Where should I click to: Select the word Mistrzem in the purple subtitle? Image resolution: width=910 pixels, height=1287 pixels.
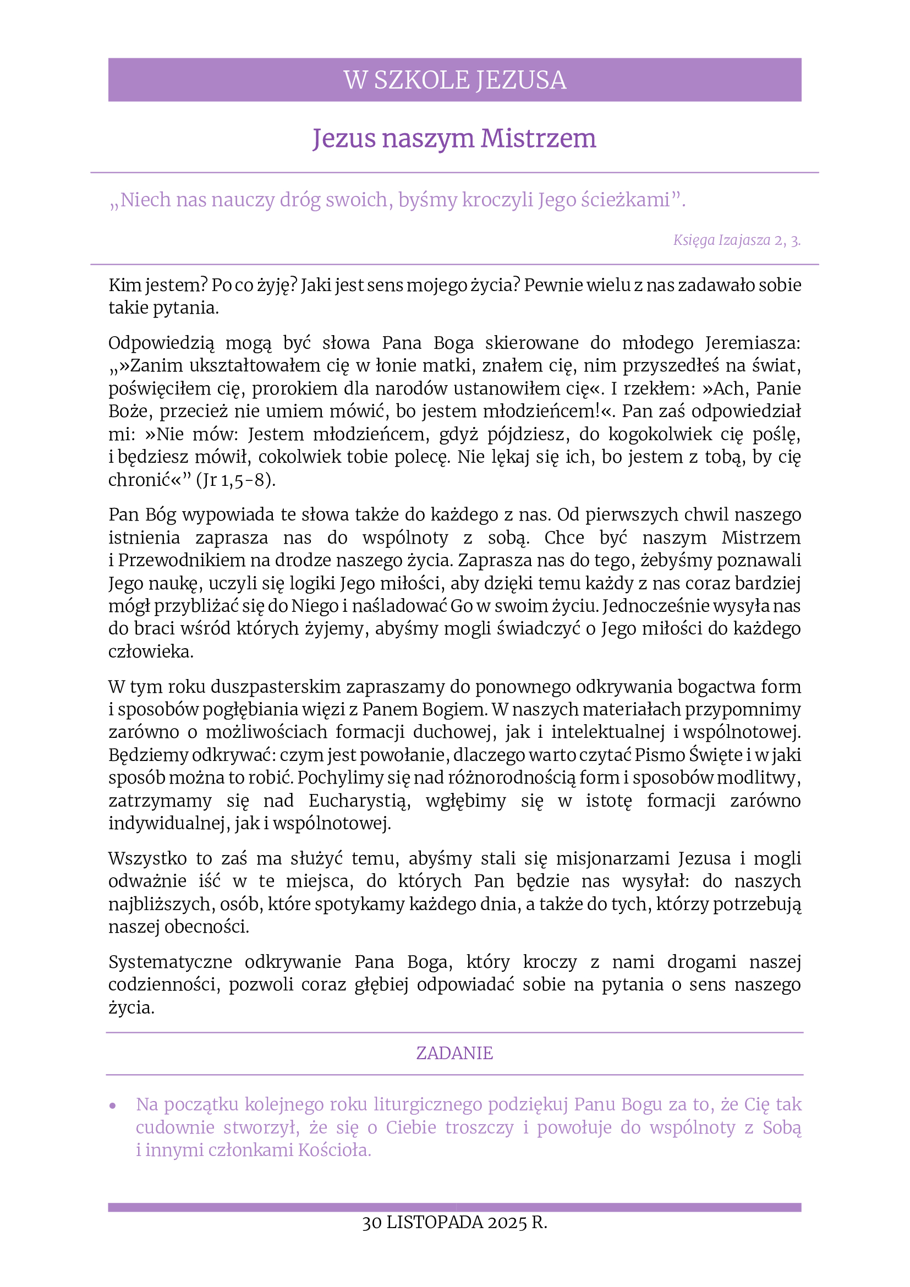pyautogui.click(x=538, y=139)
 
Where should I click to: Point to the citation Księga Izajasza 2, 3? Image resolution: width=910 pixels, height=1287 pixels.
pyautogui.click(x=736, y=240)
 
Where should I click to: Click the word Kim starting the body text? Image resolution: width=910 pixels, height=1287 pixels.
pyautogui.click(x=124, y=286)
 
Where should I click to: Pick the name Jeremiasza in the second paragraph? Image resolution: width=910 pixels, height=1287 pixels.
pyautogui.click(x=753, y=343)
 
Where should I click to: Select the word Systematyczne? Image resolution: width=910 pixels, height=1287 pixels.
pyautogui.click(x=171, y=962)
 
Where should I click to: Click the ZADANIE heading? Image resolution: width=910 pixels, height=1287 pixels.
pyautogui.click(x=454, y=1053)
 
